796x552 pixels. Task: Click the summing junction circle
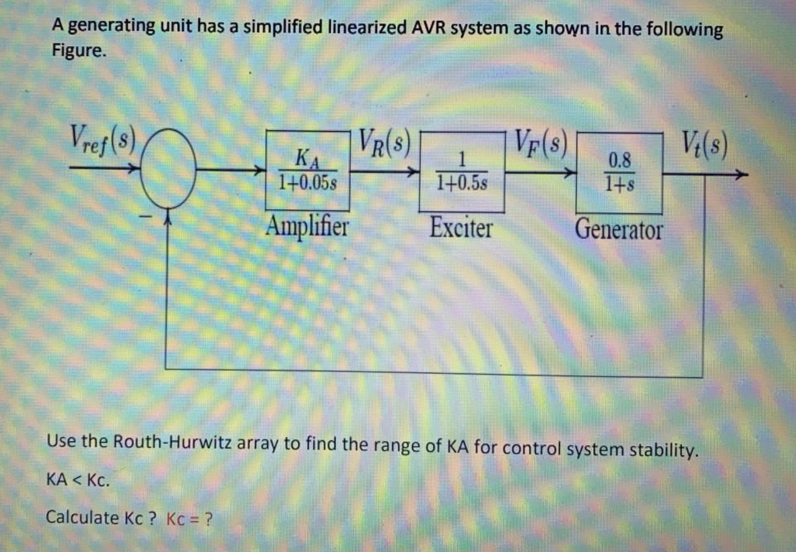click(x=168, y=169)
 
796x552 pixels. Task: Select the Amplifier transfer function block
click(x=307, y=171)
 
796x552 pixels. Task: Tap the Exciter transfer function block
click(x=462, y=172)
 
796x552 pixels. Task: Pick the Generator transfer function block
click(x=619, y=173)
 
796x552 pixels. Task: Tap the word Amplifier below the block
click(x=307, y=227)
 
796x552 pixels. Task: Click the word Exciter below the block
click(x=461, y=228)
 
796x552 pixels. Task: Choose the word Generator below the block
click(x=618, y=230)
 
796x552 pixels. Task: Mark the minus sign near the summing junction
click(x=145, y=217)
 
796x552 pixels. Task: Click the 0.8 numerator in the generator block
click(x=620, y=160)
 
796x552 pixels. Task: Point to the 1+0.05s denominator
click(x=307, y=183)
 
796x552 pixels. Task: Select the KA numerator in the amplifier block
click(x=307, y=158)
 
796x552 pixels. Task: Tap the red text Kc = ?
click(x=189, y=518)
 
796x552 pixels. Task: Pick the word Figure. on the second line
click(x=78, y=50)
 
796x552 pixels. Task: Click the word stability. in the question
click(x=663, y=449)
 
